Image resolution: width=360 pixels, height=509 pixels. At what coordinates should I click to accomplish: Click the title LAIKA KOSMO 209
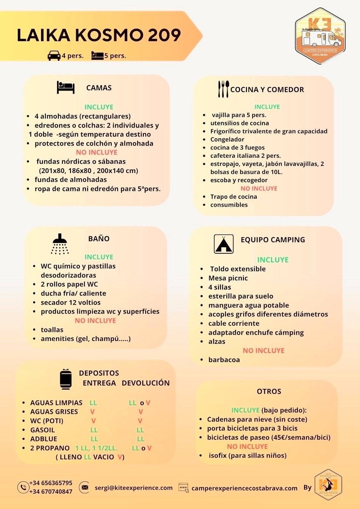[99, 35]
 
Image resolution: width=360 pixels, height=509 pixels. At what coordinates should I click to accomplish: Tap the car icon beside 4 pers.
[54, 56]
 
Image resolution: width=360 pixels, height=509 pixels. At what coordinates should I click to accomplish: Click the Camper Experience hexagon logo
[320, 36]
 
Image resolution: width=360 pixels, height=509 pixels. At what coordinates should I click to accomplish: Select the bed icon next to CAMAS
[66, 87]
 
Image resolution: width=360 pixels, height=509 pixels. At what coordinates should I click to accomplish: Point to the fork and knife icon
[223, 89]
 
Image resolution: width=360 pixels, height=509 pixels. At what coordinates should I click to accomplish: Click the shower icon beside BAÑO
[60, 244]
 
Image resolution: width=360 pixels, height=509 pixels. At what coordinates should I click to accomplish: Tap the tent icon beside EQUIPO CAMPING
[223, 244]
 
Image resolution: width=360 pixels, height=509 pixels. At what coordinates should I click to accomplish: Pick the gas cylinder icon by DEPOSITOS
[66, 379]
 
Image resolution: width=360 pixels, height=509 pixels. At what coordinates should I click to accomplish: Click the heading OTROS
[269, 391]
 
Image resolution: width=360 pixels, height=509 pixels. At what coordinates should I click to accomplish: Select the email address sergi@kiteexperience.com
[134, 488]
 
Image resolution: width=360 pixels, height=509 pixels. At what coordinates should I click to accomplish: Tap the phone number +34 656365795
[51, 483]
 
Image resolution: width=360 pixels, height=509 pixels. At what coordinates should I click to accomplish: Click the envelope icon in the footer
[84, 487]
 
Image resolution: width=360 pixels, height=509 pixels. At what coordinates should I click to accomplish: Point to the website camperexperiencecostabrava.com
[244, 488]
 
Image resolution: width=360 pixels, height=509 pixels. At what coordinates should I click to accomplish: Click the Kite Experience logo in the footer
[328, 485]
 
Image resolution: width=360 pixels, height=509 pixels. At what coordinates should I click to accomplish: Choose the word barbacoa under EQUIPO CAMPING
[224, 360]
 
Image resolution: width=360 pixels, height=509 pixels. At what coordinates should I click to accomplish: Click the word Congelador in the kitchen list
[227, 139]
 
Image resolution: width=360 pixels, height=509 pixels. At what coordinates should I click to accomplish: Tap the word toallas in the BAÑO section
[52, 330]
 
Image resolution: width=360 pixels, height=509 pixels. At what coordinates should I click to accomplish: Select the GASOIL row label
[43, 430]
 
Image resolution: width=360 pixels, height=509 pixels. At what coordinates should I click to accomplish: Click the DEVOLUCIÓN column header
[145, 383]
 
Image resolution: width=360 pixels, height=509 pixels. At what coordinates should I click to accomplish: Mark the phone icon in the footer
[23, 487]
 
